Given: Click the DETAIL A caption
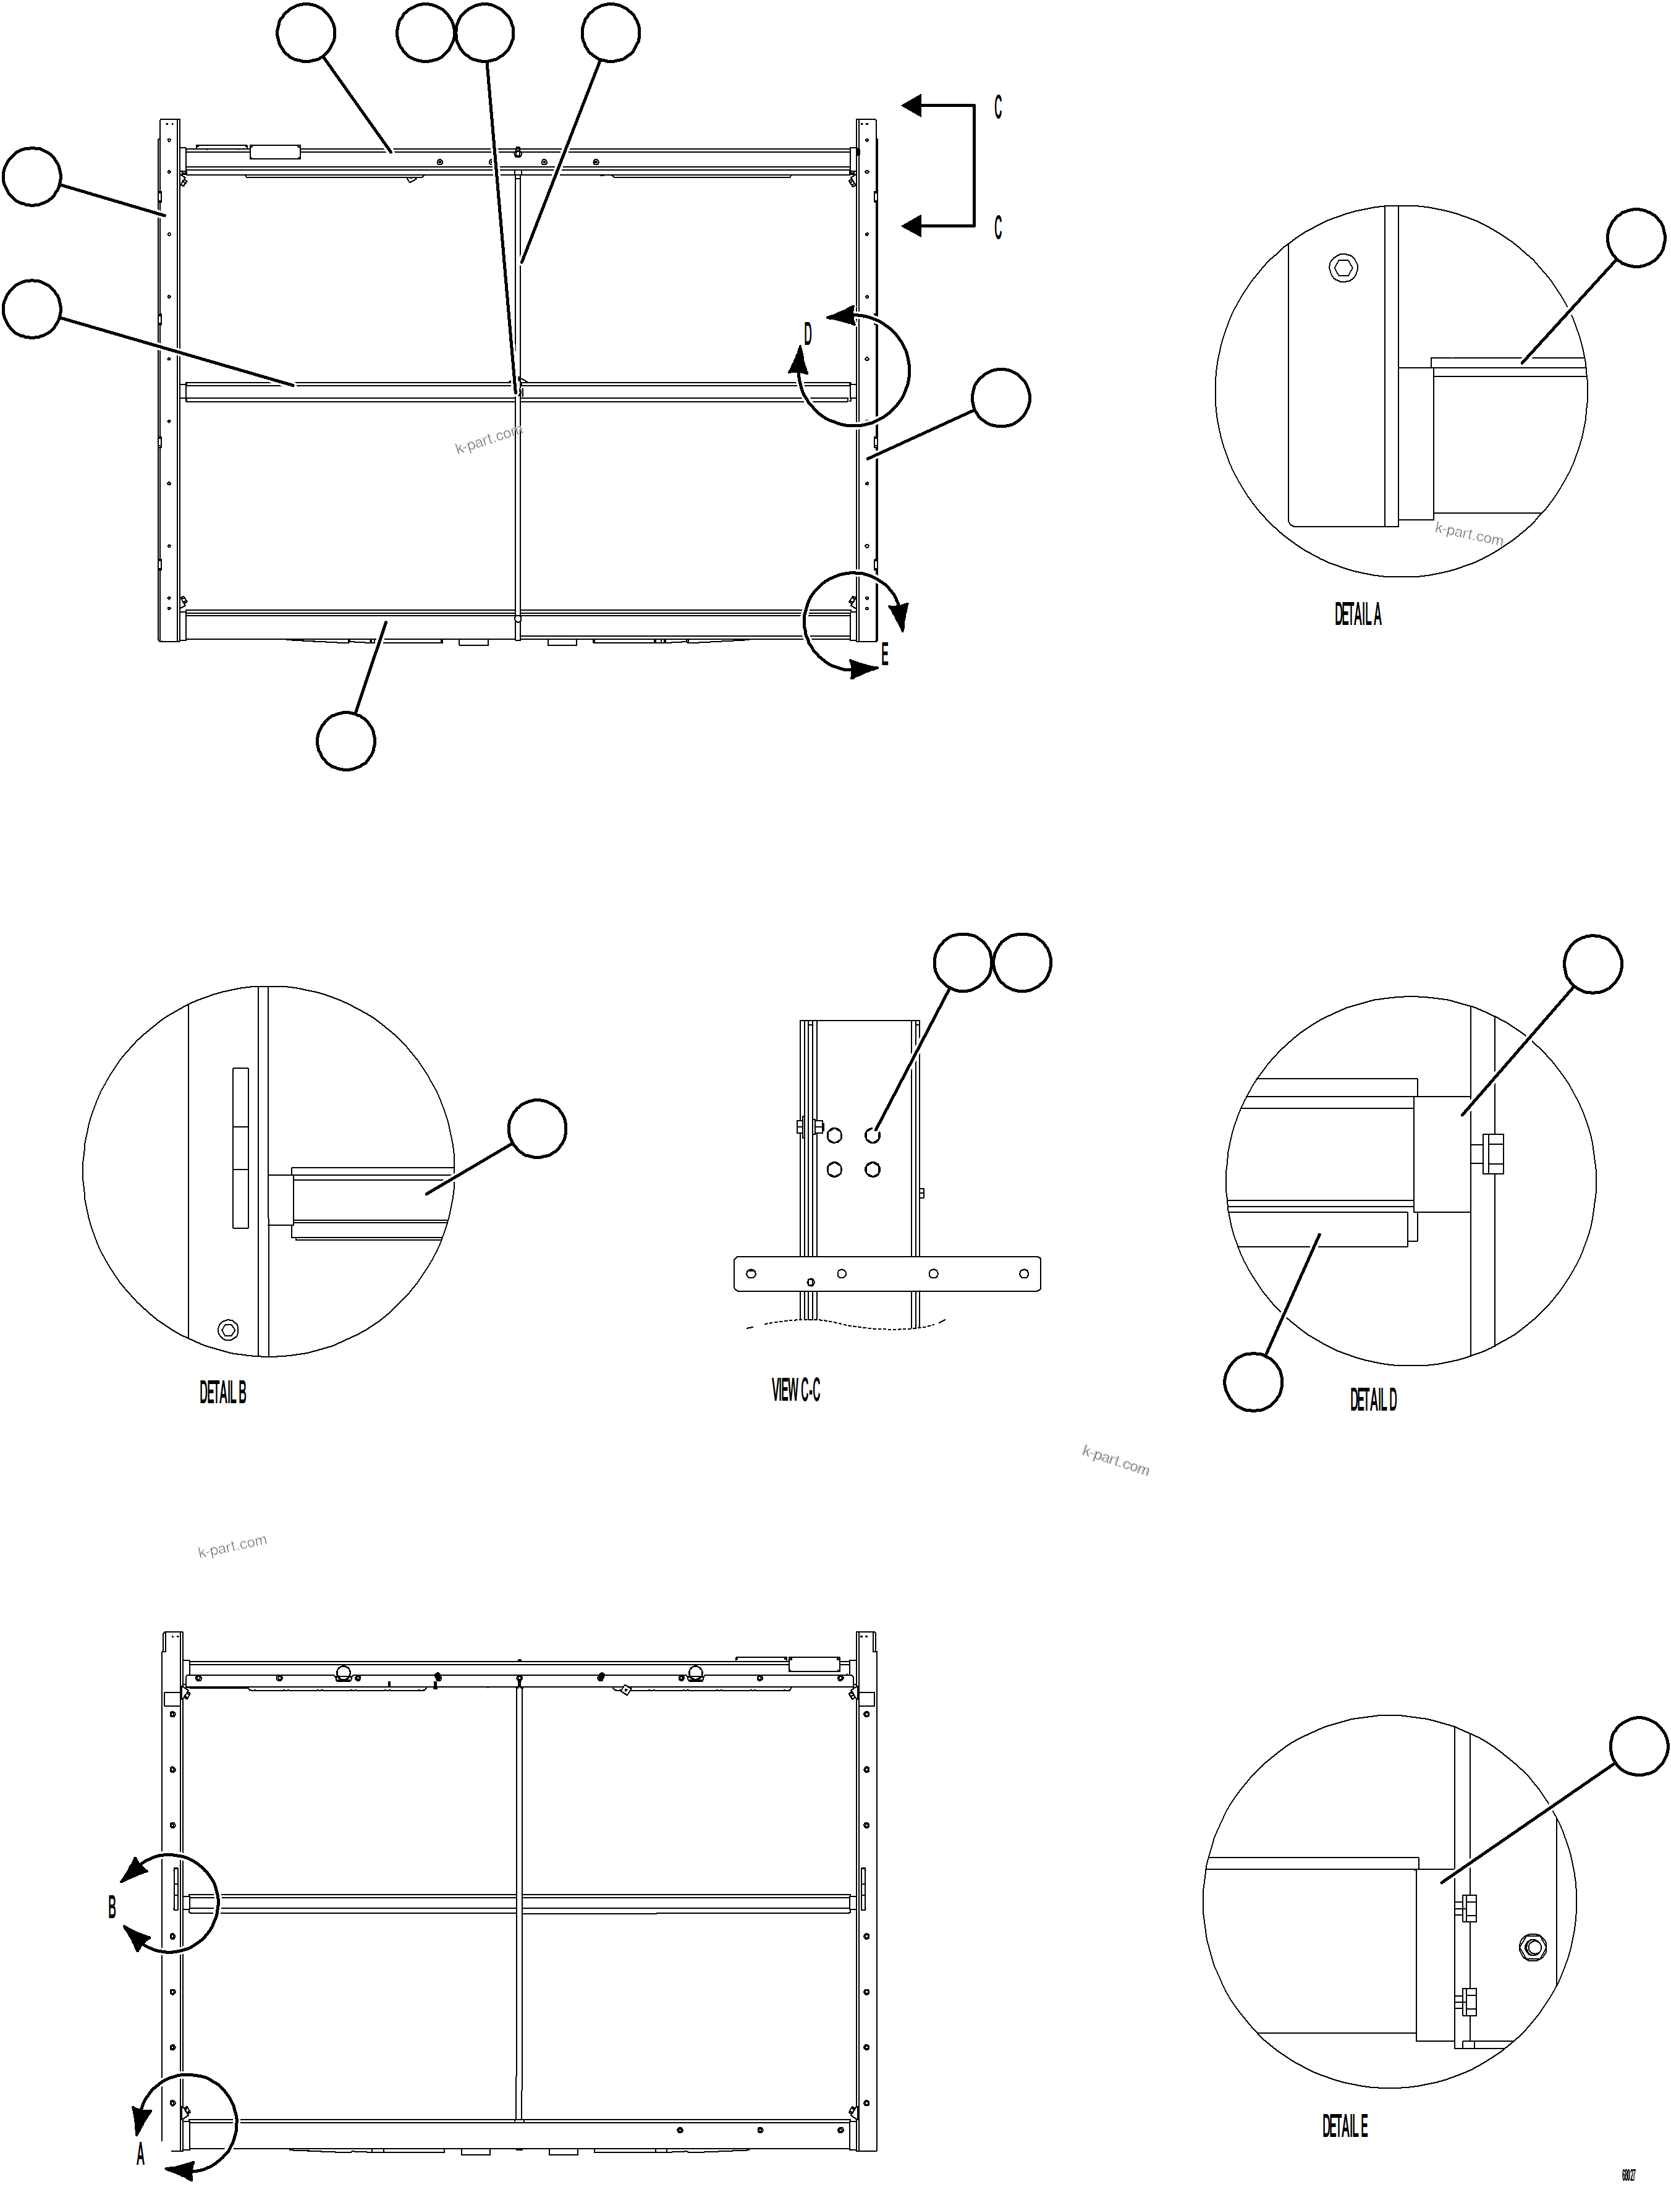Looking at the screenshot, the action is coord(1358,615).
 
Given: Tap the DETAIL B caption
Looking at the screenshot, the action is coord(223,1393).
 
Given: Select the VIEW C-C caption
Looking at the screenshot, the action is coord(796,1390).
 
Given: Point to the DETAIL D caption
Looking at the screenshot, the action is coord(1373,1400).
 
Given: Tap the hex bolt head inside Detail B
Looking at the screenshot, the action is coord(228,1330).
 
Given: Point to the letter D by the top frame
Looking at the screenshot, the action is coord(808,334).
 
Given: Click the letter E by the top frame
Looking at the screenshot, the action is coord(884,654).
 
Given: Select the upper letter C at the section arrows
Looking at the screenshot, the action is coord(997,108).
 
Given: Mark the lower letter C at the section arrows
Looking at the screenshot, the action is coord(997,228).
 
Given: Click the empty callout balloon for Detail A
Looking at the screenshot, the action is coord(1636,238).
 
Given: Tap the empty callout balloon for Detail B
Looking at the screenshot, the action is coord(537,1128).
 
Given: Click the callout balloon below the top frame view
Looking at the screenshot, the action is coord(345,741).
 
